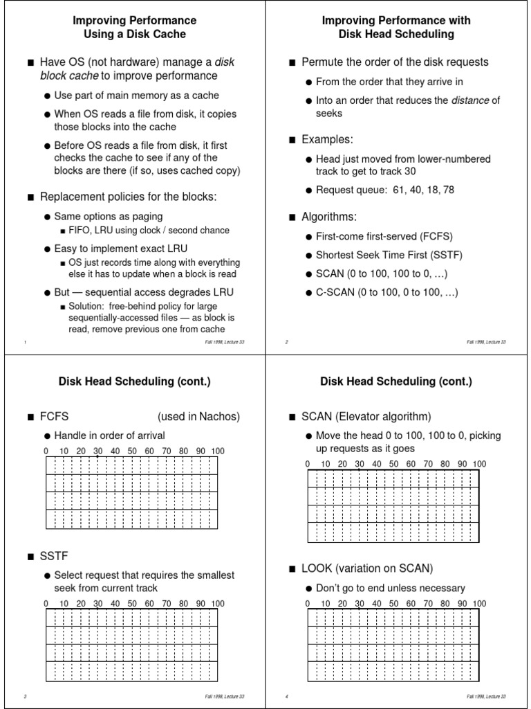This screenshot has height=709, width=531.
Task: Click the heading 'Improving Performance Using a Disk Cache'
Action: [x=134, y=27]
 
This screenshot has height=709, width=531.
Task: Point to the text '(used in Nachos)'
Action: [x=198, y=416]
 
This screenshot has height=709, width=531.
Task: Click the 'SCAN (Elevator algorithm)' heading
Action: [x=366, y=416]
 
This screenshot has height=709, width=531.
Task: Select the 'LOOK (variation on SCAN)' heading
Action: [x=367, y=568]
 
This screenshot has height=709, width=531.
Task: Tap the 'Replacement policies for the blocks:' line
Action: [x=128, y=197]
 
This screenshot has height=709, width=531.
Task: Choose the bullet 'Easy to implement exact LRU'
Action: [x=121, y=248]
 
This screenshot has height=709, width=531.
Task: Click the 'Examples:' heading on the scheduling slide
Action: [x=327, y=140]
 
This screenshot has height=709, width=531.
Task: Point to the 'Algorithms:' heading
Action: [x=329, y=217]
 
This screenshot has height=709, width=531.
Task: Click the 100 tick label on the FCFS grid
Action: [x=218, y=451]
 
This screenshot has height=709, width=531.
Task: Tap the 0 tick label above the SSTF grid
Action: [x=46, y=604]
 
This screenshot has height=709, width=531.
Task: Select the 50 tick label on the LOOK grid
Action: [x=393, y=604]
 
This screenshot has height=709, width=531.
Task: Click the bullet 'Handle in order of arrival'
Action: [x=109, y=436]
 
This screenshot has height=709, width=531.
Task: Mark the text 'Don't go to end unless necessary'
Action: [x=390, y=588]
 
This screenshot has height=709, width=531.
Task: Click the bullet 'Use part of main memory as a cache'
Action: [x=136, y=95]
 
